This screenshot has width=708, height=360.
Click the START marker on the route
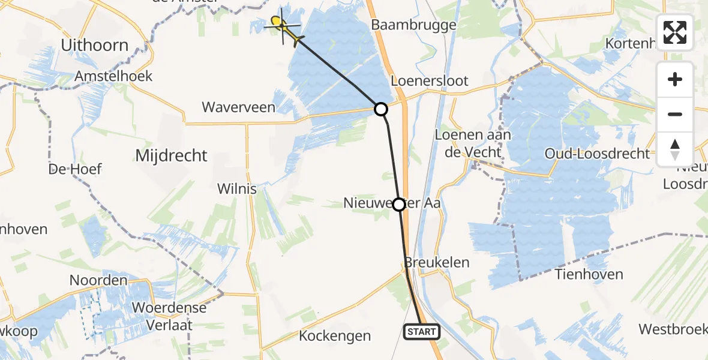422,331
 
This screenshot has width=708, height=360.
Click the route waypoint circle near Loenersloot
380,109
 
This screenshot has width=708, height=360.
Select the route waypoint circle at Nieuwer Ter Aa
399,205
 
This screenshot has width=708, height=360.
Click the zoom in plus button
675,79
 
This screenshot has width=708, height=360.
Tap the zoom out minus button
675,114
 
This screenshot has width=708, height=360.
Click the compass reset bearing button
675,149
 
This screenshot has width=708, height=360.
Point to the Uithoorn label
95,45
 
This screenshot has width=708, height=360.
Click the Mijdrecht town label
171,156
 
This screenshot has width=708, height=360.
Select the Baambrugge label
414,25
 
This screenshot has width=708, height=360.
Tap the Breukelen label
437,263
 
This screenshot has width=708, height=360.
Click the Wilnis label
237,189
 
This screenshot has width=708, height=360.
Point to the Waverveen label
238,107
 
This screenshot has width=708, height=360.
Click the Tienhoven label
589,274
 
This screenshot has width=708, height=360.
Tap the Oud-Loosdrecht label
597,154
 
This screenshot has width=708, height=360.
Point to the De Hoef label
76,169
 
